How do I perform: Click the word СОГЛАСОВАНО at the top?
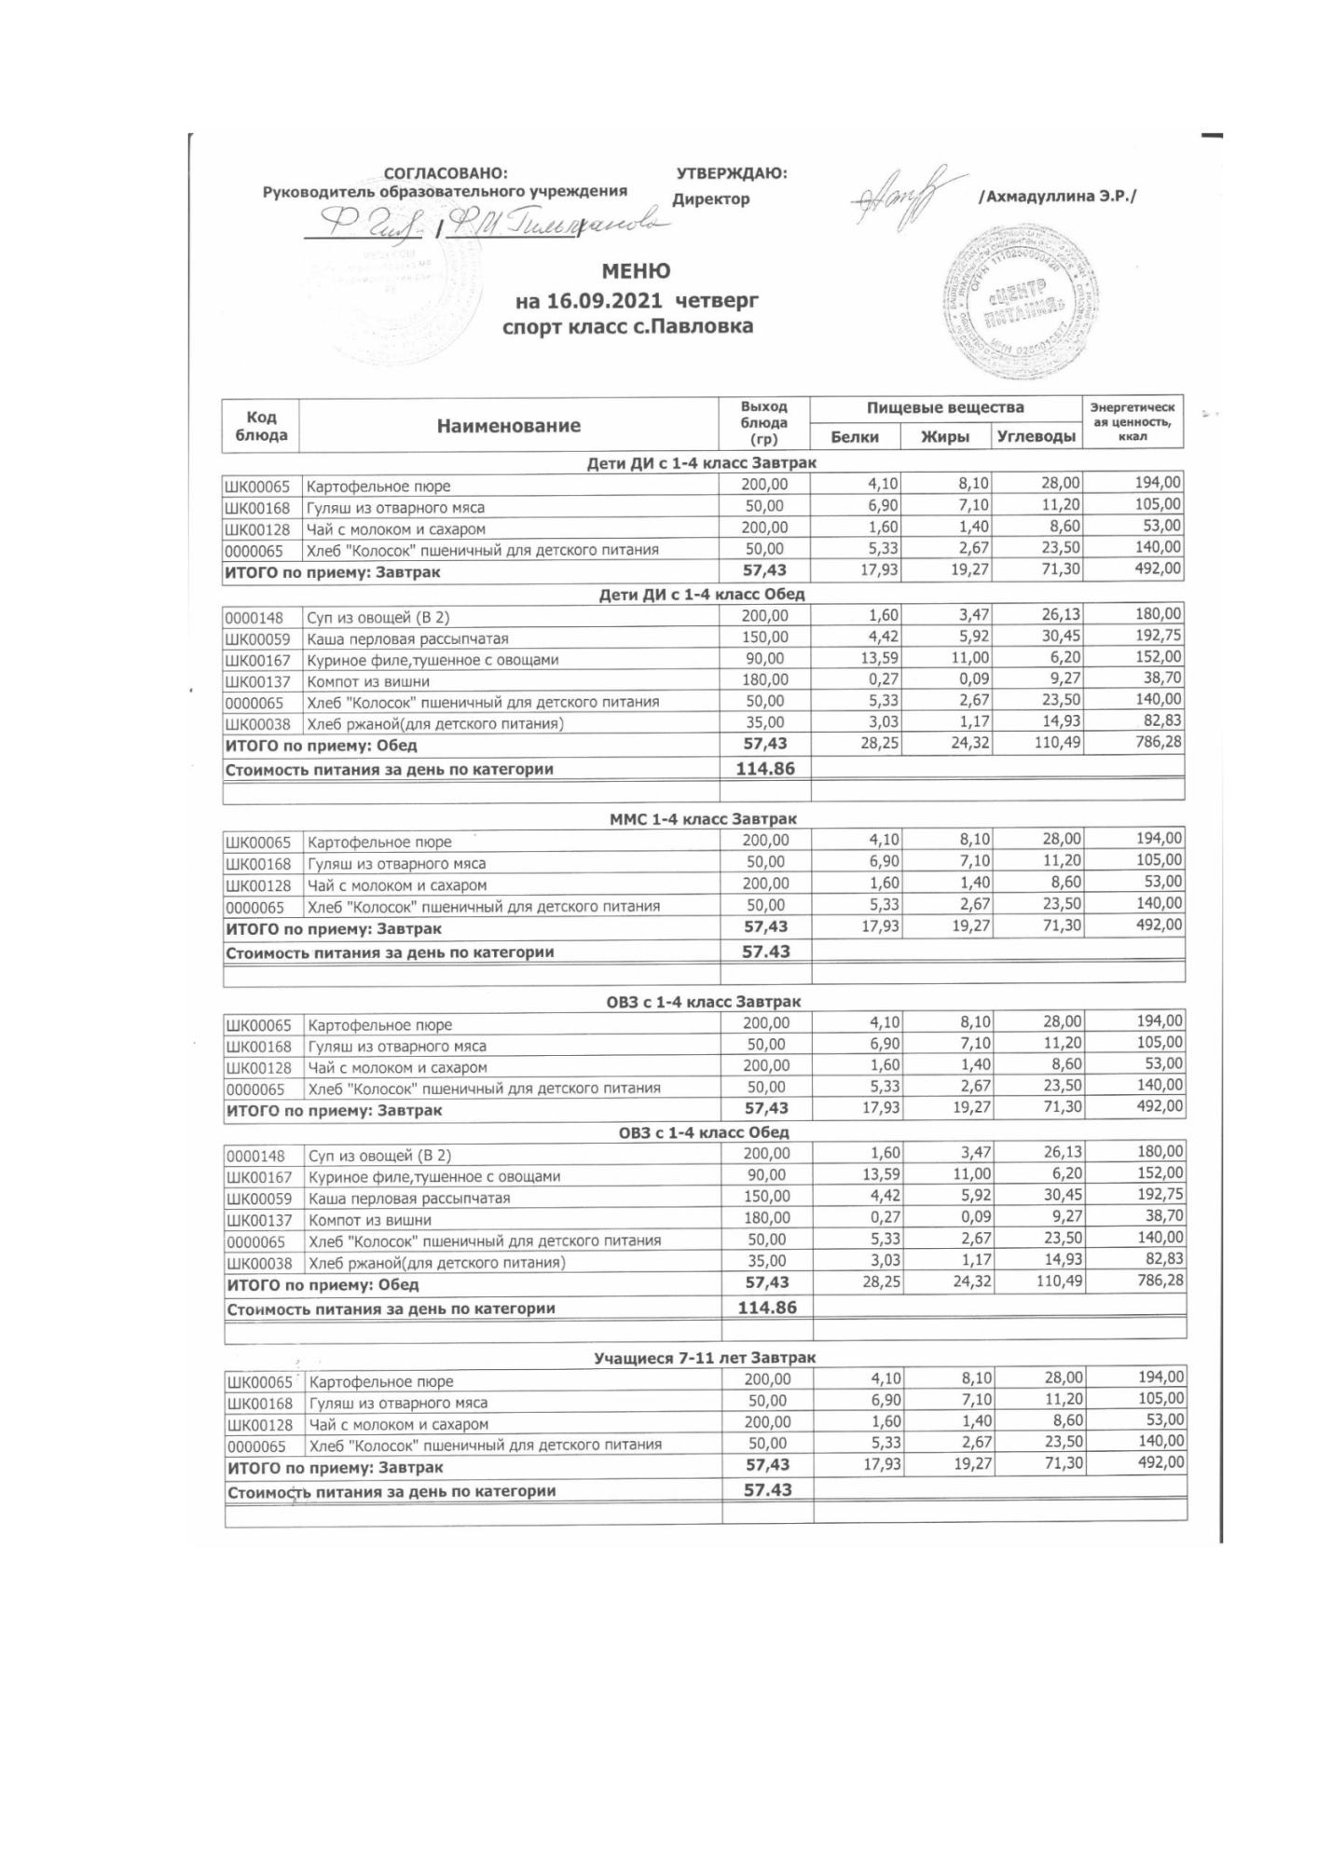[446, 173]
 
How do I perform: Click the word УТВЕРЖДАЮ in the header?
[731, 173]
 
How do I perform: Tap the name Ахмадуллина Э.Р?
[1057, 197]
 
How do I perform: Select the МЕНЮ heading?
[636, 271]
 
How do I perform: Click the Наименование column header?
[508, 426]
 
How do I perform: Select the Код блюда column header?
[261, 426]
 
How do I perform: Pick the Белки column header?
[855, 436]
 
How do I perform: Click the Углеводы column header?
[1036, 436]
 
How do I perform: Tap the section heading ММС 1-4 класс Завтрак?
[703, 819]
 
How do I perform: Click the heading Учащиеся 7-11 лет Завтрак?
[704, 1358]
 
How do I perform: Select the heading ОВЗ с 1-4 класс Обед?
[704, 1132]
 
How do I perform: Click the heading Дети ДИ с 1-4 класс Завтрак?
[701, 462]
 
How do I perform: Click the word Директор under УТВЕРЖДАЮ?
[710, 199]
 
